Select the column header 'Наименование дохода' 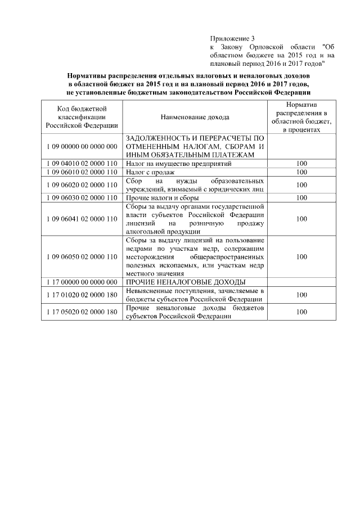click(195, 117)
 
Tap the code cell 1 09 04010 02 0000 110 click(82, 164)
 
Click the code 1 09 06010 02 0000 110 click(82, 172)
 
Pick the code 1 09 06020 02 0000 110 click(82, 184)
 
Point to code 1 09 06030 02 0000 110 click(82, 197)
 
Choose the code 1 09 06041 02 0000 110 click(82, 218)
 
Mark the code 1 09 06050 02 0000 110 click(82, 256)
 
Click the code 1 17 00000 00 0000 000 click(82, 282)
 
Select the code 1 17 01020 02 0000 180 click(82, 294)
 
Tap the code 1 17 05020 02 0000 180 click(82, 312)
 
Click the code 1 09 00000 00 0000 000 click(82, 146)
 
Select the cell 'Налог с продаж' click(150, 172)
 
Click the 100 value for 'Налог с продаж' click(301, 172)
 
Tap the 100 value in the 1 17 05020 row click(301, 312)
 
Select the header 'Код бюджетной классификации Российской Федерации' click(82, 116)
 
